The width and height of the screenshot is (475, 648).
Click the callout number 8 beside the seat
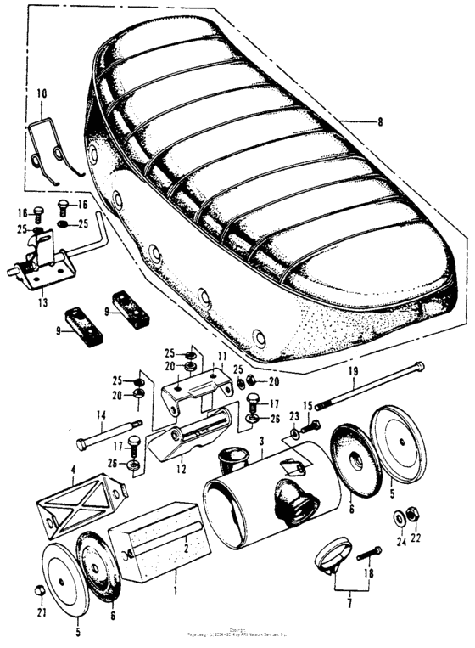[379, 122]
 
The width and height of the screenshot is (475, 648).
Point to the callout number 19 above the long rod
[351, 371]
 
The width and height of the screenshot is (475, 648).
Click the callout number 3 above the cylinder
[262, 442]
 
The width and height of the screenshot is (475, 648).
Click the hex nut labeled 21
[39, 591]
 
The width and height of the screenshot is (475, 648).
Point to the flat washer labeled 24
[399, 517]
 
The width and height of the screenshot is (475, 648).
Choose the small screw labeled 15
[314, 424]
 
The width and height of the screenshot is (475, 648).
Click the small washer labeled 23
[294, 434]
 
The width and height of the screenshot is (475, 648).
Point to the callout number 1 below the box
[176, 589]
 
